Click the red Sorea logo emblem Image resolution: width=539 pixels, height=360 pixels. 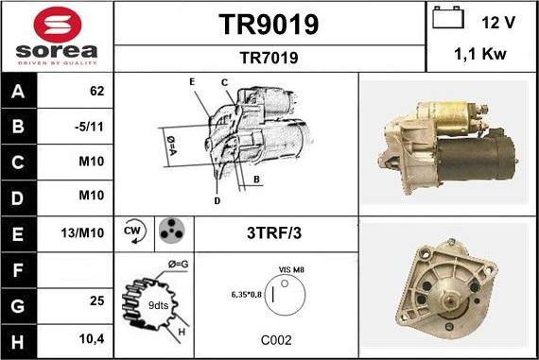pyautogui.click(x=58, y=25)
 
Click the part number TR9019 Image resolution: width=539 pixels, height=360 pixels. pyautogui.click(x=269, y=25)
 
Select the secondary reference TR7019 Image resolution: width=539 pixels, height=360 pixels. pyautogui.click(x=269, y=58)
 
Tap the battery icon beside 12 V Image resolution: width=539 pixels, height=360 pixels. pyautogui.click(x=448, y=17)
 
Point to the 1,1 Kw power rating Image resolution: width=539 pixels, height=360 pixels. pyautogui.click(x=480, y=54)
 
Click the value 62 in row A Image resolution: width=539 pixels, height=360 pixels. pyautogui.click(x=96, y=91)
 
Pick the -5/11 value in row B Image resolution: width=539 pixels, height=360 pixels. pyautogui.click(x=89, y=127)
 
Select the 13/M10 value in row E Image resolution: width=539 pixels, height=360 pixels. pyautogui.click(x=82, y=233)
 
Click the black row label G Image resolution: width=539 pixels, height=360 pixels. pyautogui.click(x=18, y=306)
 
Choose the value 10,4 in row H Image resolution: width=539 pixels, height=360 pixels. pyautogui.click(x=92, y=339)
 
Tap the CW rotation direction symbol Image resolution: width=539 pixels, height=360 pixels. pyautogui.click(x=134, y=231)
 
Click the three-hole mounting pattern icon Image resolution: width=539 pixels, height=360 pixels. pyautogui.click(x=171, y=231)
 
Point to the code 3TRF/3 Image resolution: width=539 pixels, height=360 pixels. pyautogui.click(x=274, y=233)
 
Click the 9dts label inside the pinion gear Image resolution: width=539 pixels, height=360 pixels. pyautogui.click(x=158, y=305)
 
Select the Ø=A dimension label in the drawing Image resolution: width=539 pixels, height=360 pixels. pyautogui.click(x=171, y=146)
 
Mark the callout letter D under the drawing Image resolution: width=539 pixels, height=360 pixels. pyautogui.click(x=217, y=201)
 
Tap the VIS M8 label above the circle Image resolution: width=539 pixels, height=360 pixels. pyautogui.click(x=291, y=270)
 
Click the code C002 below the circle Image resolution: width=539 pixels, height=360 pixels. pyautogui.click(x=276, y=340)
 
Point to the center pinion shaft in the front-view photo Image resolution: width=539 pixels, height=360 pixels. pyautogui.click(x=449, y=300)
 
